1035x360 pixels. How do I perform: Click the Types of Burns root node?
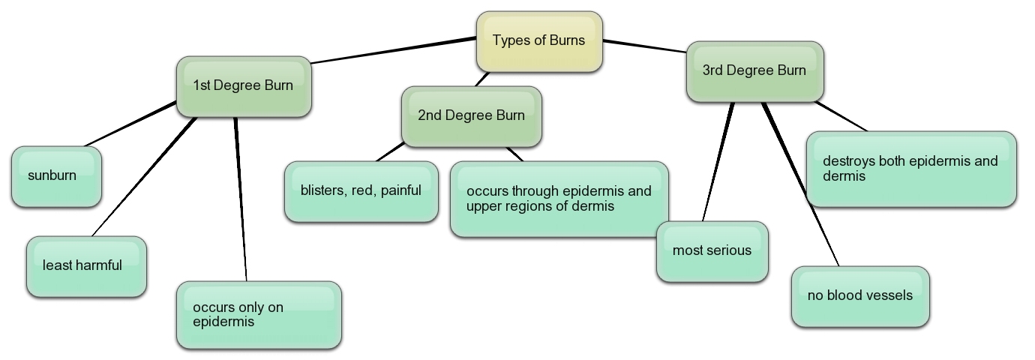click(x=539, y=41)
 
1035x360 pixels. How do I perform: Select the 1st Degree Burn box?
click(x=244, y=85)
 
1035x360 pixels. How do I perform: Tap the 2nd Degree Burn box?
click(x=471, y=115)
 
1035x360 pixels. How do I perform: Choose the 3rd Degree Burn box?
click(x=754, y=70)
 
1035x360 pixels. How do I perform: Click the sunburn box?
click(x=56, y=176)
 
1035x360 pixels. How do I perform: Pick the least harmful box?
click(x=86, y=266)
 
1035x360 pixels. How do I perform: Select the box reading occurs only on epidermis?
click(x=259, y=315)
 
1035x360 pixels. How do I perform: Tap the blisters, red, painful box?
click(x=361, y=191)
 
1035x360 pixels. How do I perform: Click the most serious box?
click(x=712, y=251)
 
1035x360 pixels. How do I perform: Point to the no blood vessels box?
click(x=860, y=296)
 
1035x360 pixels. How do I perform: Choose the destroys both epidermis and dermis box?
click(x=911, y=169)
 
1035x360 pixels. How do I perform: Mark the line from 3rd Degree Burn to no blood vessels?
click(x=800, y=184)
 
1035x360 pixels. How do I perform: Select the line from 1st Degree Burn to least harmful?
click(x=142, y=176)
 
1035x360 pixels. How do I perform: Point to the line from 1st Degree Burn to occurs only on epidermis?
click(x=241, y=199)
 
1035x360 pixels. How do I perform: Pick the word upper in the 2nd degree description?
click(x=484, y=205)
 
